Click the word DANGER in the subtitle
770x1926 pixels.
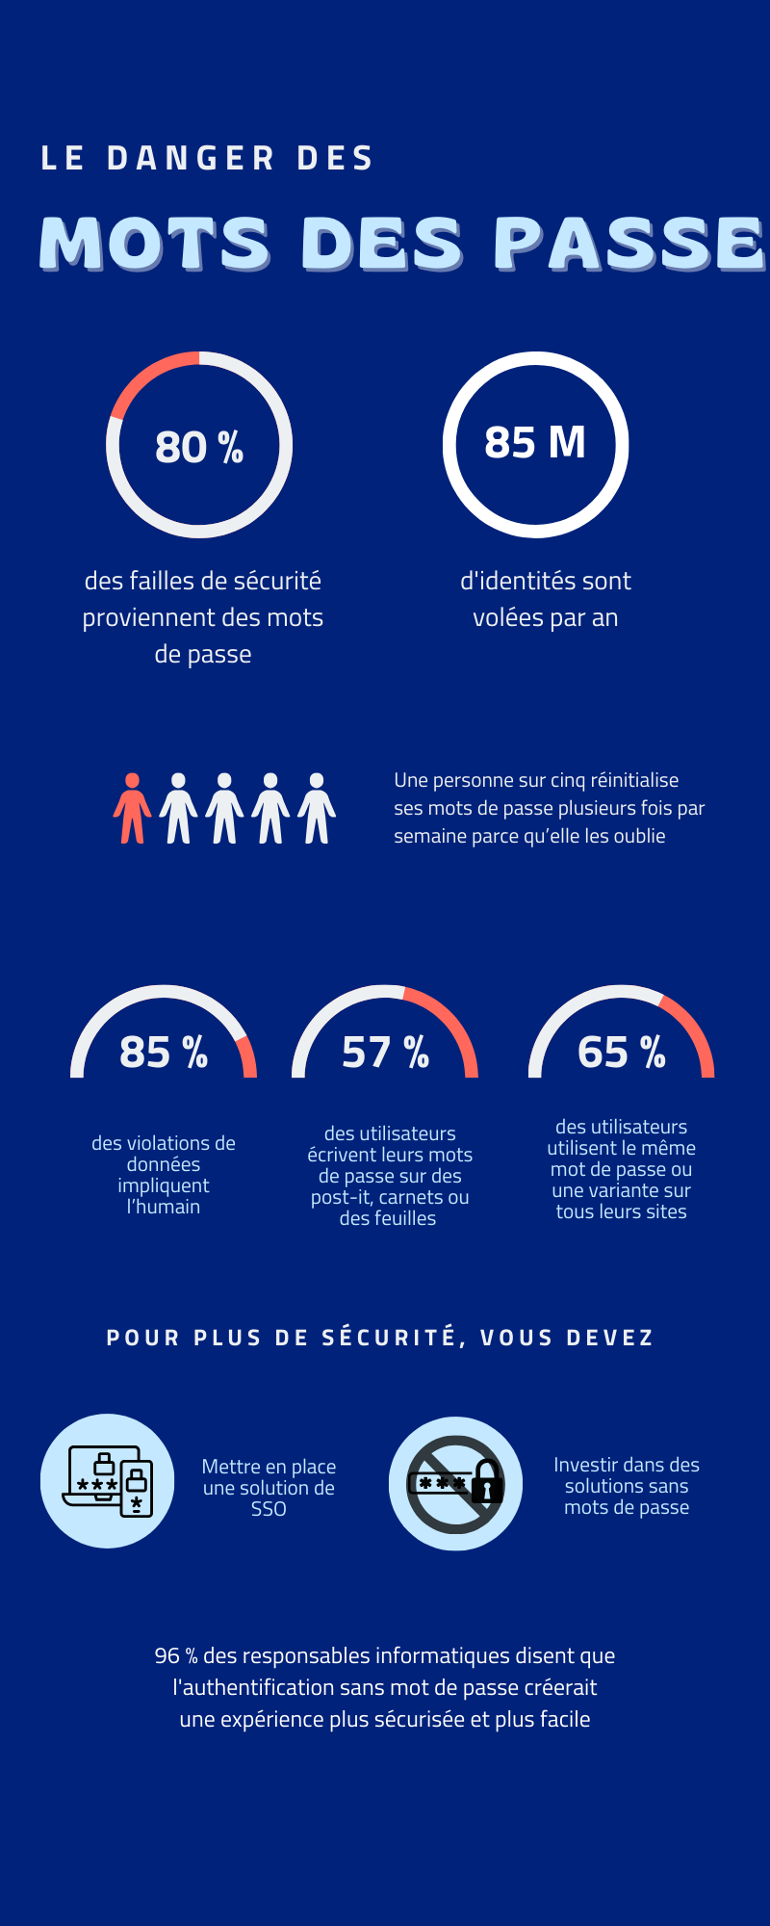pyautogui.click(x=191, y=159)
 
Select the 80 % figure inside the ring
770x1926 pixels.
pyautogui.click(x=199, y=447)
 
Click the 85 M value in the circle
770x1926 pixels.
pyautogui.click(x=535, y=443)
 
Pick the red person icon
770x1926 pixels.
pyautogui.click(x=132, y=809)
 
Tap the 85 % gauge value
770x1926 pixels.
pyautogui.click(x=164, y=1053)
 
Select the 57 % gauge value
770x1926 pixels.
pyautogui.click(x=385, y=1053)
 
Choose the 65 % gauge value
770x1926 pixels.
pyautogui.click(x=622, y=1053)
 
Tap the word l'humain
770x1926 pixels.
pyautogui.click(x=164, y=1207)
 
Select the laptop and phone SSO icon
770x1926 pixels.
pyautogui.click(x=108, y=1481)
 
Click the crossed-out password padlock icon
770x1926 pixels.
pyautogui.click(x=455, y=1483)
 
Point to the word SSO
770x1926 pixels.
pyautogui.click(x=269, y=1509)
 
